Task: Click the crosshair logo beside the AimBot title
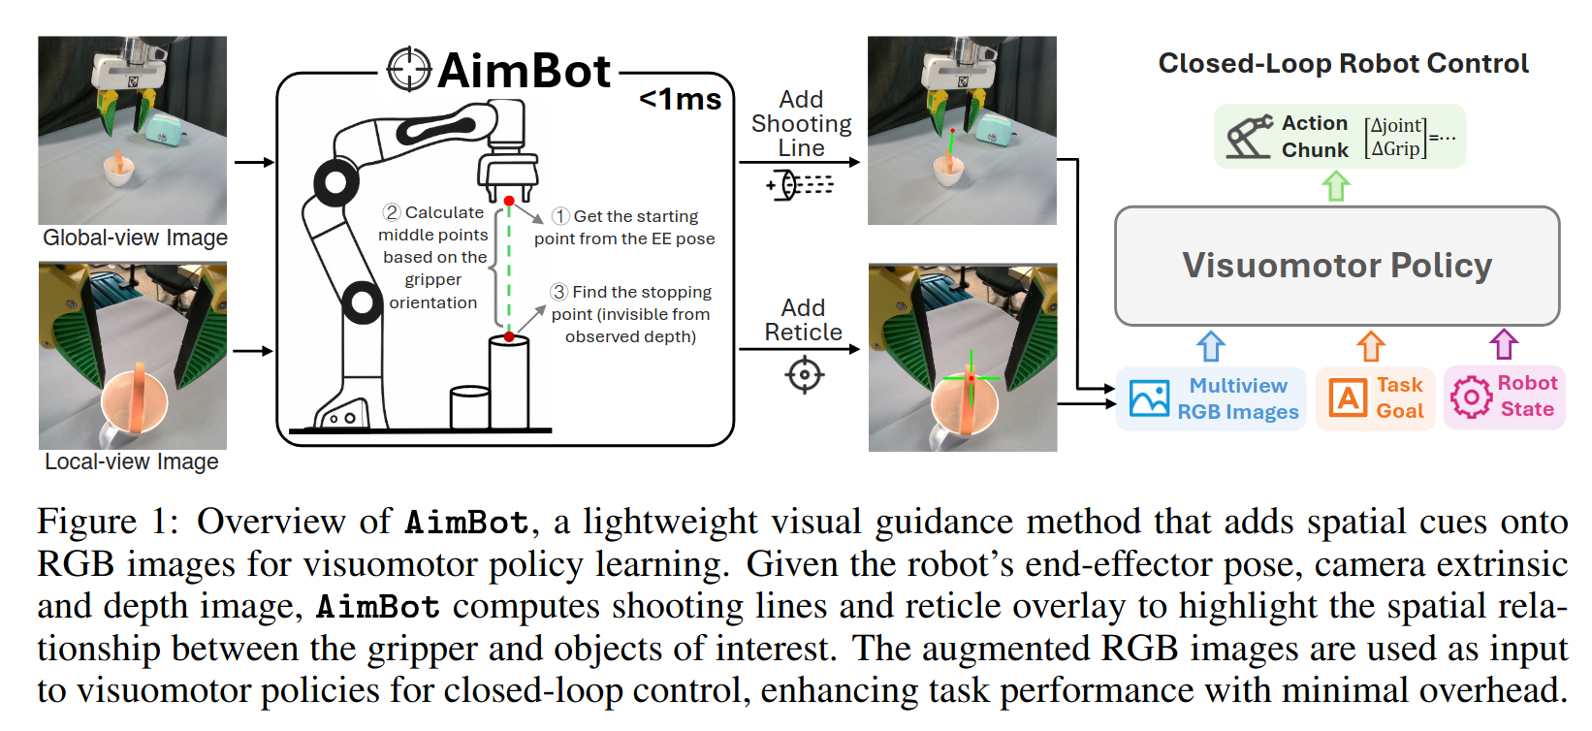(408, 70)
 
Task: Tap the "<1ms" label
(681, 100)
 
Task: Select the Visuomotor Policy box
(1337, 266)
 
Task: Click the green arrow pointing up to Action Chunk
(1335, 186)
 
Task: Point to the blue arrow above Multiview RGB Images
(1211, 347)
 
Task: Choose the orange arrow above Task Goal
(1370, 347)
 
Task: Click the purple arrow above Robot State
(1504, 344)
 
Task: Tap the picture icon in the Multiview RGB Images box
(1149, 397)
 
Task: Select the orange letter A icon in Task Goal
(1348, 397)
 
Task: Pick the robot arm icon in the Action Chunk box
(1250, 136)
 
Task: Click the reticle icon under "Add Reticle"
(805, 374)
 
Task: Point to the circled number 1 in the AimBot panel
(560, 216)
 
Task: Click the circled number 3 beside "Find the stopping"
(559, 291)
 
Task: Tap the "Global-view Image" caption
(135, 238)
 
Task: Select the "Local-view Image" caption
(132, 461)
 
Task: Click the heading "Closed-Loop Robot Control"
(1343, 64)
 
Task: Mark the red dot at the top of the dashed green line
(509, 202)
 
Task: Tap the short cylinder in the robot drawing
(470, 407)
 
